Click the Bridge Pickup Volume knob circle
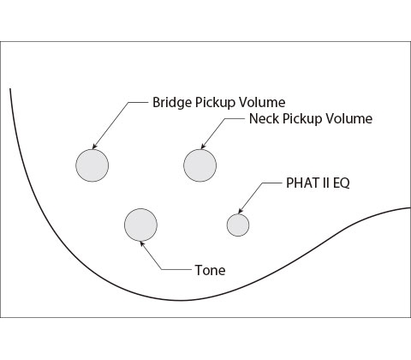tap(92, 165)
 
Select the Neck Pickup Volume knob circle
tap(200, 165)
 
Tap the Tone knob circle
tap(140, 225)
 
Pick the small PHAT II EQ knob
tap(238, 225)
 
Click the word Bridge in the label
tap(172, 102)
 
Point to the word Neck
tap(265, 118)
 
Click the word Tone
tap(210, 270)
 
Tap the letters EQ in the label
tap(342, 183)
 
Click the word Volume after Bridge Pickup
tap(262, 102)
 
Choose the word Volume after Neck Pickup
tap(349, 118)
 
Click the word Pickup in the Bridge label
tap(215, 103)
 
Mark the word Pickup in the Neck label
tap(302, 119)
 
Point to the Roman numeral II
tap(326, 183)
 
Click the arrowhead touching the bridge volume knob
tap(94, 147)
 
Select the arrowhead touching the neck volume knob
tap(203, 146)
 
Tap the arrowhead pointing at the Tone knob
tap(142, 244)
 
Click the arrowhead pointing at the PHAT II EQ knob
tap(241, 211)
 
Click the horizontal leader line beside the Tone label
tap(177, 269)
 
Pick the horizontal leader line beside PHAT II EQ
tap(272, 183)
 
